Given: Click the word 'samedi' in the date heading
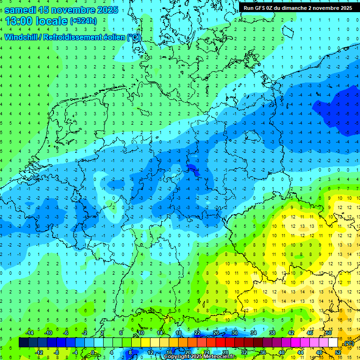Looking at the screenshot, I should pyautogui.click(x=20, y=9).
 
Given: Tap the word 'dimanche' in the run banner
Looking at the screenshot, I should pyautogui.click(x=297, y=8).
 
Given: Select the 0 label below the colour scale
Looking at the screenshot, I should pyautogui.click(x=92, y=352).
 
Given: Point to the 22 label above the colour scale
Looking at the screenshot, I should pyautogui.click(x=197, y=333).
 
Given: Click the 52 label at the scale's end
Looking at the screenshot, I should pyautogui.click(x=338, y=352).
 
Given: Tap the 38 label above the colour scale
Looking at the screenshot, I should pyautogui.click(x=272, y=333).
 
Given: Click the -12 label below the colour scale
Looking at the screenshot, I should pyautogui.click(x=39, y=352).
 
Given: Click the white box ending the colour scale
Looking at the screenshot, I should pyautogui.click(x=333, y=343).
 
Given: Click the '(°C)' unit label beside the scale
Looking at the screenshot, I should pyautogui.click(x=349, y=343).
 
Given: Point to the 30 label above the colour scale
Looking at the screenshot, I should pyautogui.click(x=235, y=333).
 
